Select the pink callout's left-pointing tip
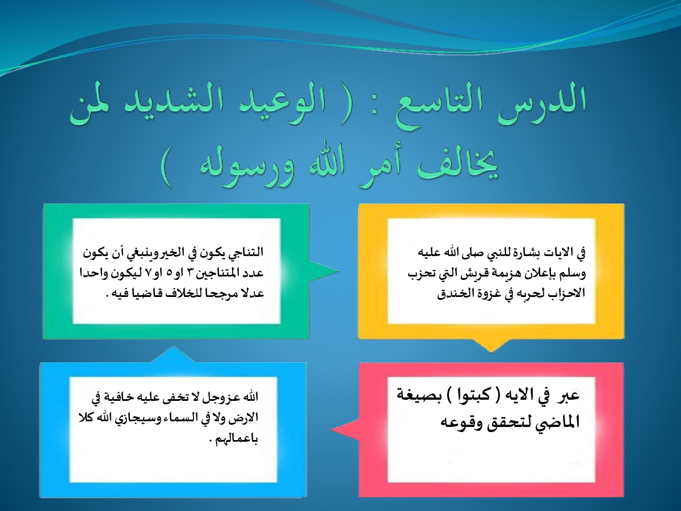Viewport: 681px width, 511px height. (x=331, y=430)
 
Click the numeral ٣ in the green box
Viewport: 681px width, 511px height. (x=196, y=273)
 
